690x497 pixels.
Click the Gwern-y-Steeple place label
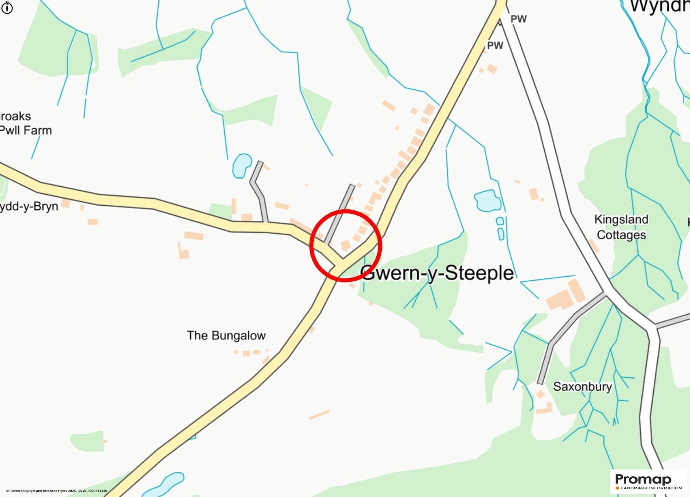[x=437, y=273]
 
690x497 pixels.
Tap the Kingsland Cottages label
[x=621, y=227]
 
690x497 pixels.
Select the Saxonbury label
[x=582, y=386]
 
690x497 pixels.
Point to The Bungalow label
[x=226, y=335]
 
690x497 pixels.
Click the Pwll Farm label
[x=26, y=130]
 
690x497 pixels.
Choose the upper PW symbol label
[x=519, y=19]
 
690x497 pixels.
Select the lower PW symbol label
[x=495, y=46]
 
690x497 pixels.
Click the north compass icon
[x=7, y=8]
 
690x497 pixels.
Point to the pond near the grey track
[x=241, y=165]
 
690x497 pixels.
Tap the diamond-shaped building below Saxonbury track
[x=540, y=395]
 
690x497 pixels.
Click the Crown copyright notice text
[x=56, y=491]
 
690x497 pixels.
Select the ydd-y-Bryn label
[x=29, y=206]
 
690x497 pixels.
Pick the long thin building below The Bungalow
[x=319, y=415]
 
